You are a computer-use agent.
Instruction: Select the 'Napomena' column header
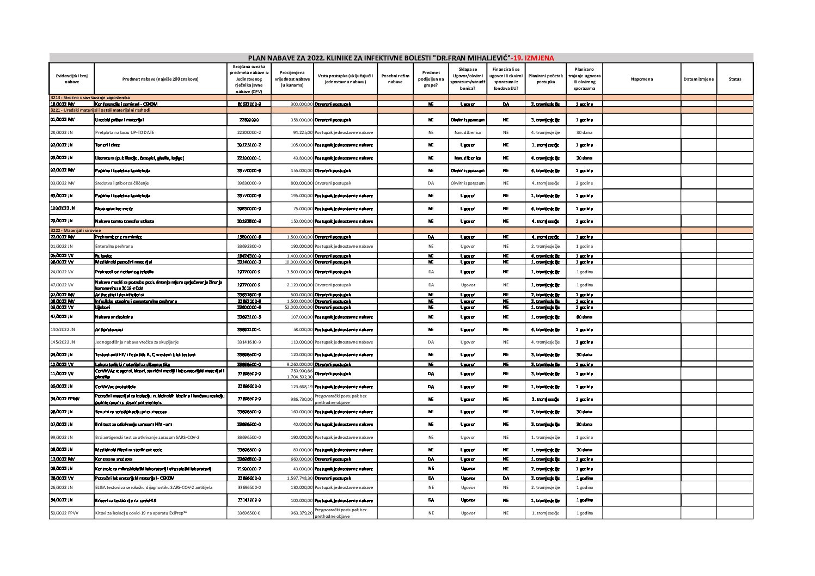(x=641, y=79)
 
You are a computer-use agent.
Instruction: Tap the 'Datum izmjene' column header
(x=698, y=79)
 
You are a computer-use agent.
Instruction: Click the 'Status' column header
(x=734, y=79)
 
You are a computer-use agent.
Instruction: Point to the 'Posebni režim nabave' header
(x=395, y=79)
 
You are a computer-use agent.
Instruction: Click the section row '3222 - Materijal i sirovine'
(x=76, y=230)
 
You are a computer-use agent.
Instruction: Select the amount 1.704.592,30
(x=300, y=377)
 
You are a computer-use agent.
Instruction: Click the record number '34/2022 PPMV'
(x=65, y=399)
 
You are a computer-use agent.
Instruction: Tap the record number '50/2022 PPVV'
(x=64, y=513)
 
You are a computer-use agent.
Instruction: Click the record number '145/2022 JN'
(x=63, y=342)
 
